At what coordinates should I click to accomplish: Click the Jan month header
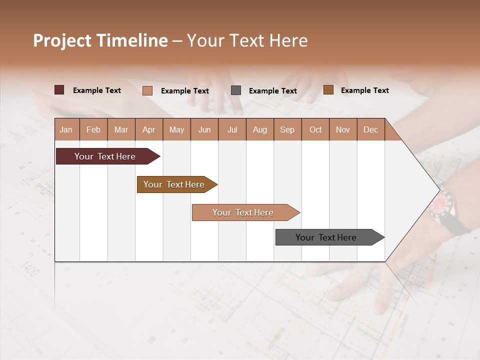(66, 129)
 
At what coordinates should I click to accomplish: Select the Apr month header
(148, 129)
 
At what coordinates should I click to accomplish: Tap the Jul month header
(232, 129)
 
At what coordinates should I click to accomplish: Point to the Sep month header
(287, 129)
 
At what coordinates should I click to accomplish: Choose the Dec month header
(370, 129)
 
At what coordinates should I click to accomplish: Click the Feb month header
(93, 129)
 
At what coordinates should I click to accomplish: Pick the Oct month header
(315, 129)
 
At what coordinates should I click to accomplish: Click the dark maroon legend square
(59, 90)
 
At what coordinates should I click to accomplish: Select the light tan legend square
(147, 90)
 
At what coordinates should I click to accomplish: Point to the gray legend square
(236, 90)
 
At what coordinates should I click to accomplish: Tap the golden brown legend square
(328, 90)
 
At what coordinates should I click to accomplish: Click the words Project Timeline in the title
(100, 40)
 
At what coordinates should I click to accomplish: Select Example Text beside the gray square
(272, 91)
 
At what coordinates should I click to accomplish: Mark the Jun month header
(204, 129)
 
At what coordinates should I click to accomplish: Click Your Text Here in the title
(247, 40)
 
